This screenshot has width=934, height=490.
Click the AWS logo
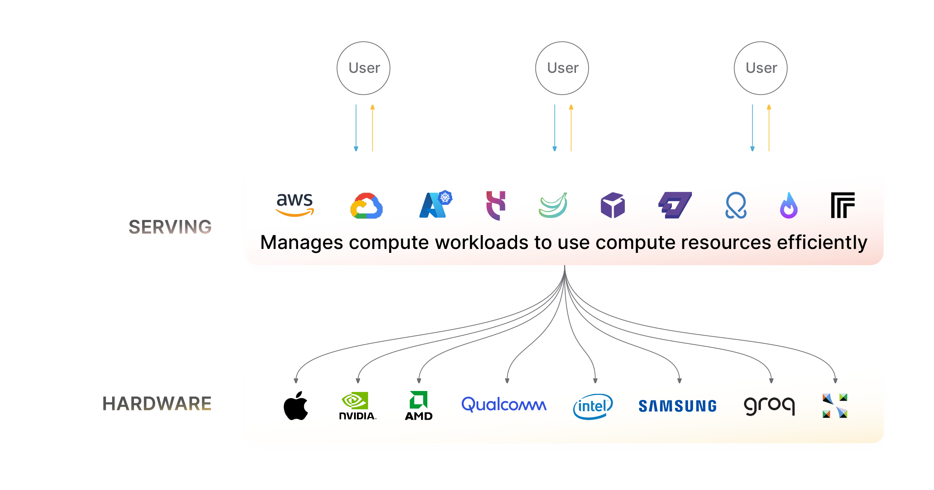coord(295,205)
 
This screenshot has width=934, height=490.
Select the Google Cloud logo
coord(366,206)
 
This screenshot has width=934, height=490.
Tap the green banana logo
coord(553,205)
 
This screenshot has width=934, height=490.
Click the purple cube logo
coord(613,205)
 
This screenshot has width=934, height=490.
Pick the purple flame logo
coord(789,206)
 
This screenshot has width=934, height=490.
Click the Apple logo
coord(296,406)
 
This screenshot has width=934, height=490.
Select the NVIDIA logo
coord(357,406)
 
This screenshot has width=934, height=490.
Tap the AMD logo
coord(419,406)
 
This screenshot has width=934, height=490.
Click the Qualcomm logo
coord(503,405)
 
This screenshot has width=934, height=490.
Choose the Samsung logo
coord(677,406)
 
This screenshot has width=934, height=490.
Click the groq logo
coord(769,405)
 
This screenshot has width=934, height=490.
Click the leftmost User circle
coord(363,68)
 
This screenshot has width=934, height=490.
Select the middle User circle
coord(562,68)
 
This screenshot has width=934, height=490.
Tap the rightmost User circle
coord(761,68)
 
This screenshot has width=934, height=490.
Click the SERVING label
coord(170,227)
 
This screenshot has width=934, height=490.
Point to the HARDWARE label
coord(157,404)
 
